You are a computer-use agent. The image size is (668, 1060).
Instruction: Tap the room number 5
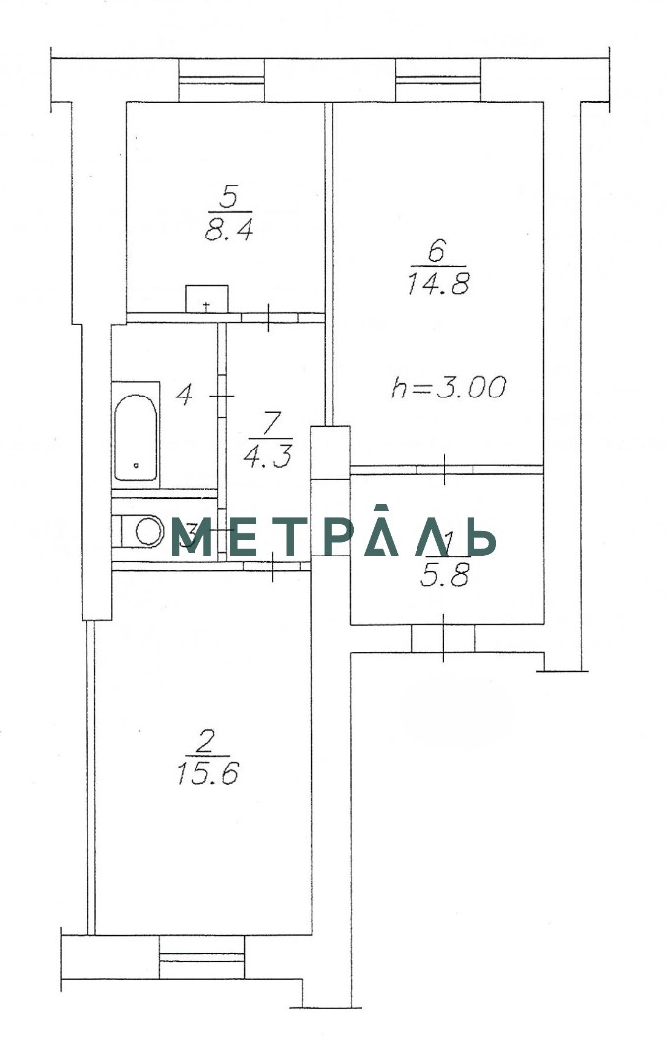click(229, 198)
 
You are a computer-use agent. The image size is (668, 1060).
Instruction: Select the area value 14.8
click(438, 285)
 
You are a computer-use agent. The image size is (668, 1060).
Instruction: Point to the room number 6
click(436, 253)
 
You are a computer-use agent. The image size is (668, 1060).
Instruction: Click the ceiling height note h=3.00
click(449, 388)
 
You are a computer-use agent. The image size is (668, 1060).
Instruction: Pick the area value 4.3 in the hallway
click(268, 457)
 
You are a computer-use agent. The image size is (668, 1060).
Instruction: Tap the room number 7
click(270, 425)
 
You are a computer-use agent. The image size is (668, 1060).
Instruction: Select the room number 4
click(183, 395)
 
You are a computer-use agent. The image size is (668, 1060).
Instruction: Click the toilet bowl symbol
click(141, 531)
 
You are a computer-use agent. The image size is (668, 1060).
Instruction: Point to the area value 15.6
click(208, 772)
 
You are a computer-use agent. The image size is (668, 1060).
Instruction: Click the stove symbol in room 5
click(206, 298)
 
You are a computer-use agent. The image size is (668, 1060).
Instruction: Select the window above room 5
click(221, 80)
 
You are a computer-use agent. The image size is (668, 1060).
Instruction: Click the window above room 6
click(438, 80)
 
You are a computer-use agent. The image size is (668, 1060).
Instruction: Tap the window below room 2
click(201, 957)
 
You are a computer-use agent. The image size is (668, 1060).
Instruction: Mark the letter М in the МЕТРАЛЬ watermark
click(192, 538)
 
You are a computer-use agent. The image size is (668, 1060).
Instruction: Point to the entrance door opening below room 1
click(443, 639)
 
